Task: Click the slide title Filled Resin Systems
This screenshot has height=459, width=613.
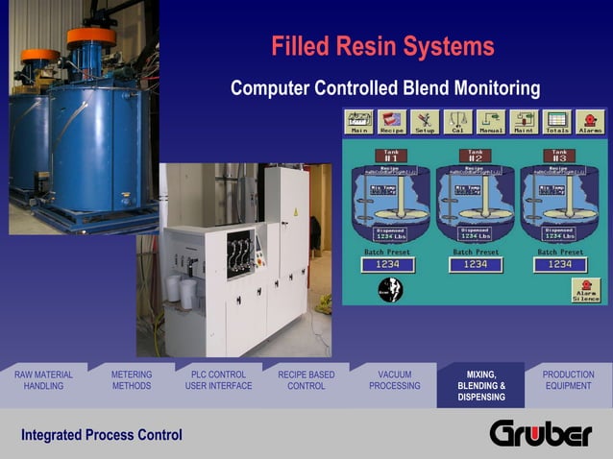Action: coord(382,46)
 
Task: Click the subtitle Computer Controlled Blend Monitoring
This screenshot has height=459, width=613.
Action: coord(385,89)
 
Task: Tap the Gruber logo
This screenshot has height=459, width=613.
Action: coord(541,434)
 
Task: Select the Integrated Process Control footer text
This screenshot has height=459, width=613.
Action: coord(102,436)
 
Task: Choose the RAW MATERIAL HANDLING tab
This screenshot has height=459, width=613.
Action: coord(43,380)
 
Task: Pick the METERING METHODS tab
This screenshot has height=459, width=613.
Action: coord(132,380)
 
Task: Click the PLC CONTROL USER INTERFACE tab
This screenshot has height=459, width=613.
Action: coord(218,380)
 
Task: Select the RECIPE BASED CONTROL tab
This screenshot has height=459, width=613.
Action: coord(306,380)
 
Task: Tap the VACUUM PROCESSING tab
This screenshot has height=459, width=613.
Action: coord(394,380)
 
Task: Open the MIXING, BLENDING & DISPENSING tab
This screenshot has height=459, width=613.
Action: coord(480,385)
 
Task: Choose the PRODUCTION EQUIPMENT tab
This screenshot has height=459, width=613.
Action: coord(568,380)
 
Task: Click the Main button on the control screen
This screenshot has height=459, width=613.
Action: coord(359,122)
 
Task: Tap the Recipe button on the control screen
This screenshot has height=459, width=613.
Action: coord(392,122)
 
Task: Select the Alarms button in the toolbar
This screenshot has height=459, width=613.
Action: coord(590,122)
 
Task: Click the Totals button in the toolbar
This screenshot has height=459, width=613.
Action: coord(557,122)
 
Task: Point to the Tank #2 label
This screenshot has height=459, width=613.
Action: coord(476,155)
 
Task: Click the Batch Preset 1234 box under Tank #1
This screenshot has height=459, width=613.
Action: coord(387,264)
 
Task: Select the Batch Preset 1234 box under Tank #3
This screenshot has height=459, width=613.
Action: coord(559,264)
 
